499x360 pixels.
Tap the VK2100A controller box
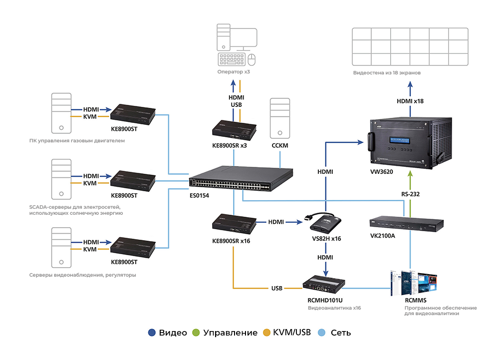406,225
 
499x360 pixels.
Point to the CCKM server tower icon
280,118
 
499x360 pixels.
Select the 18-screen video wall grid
410,46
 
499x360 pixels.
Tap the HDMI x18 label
410,101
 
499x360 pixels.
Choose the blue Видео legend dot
152,333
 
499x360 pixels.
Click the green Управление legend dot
196,333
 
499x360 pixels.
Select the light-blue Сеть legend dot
322,333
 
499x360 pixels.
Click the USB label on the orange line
277,289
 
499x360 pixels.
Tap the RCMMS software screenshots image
415,283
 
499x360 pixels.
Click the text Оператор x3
233,72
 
